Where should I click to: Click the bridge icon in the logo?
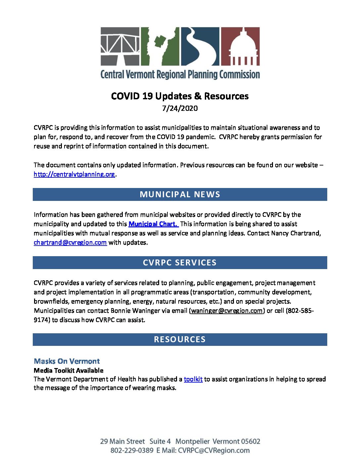click(120, 46)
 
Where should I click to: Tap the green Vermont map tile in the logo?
click(160, 46)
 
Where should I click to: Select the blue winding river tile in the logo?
click(200, 46)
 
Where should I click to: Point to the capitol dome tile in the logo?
click(240, 46)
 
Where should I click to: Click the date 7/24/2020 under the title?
click(180, 108)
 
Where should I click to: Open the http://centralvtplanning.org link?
click(74, 174)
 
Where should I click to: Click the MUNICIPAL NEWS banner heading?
click(180, 194)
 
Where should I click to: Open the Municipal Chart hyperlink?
click(153, 224)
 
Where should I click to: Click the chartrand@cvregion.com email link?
click(70, 242)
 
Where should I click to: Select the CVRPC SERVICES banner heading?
click(180, 262)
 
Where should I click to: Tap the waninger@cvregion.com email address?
click(227, 310)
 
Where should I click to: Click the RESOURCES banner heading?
click(180, 339)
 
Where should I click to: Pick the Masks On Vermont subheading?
click(67, 361)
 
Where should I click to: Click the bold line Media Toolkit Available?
click(68, 370)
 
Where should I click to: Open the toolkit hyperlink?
click(193, 379)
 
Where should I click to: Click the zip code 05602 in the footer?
click(250, 441)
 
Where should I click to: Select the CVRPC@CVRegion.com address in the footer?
click(214, 450)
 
